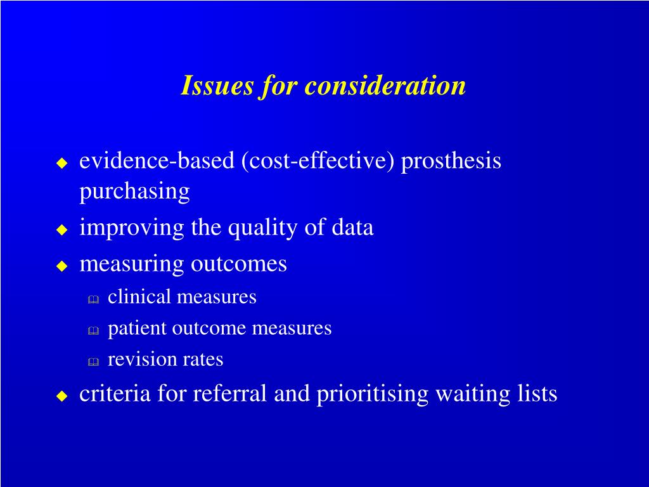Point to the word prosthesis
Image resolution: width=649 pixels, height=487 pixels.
tap(451, 161)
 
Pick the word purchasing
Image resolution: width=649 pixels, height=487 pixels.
tap(134, 192)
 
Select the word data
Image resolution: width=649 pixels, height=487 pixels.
tap(352, 228)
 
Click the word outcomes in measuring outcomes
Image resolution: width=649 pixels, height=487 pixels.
tap(239, 264)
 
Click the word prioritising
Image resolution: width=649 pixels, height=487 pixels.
tap(373, 394)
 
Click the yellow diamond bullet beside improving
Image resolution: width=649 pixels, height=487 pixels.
tap(61, 230)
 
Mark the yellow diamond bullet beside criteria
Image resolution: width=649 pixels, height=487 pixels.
tap(61, 396)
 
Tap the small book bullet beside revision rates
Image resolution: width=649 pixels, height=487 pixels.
tap(93, 361)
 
